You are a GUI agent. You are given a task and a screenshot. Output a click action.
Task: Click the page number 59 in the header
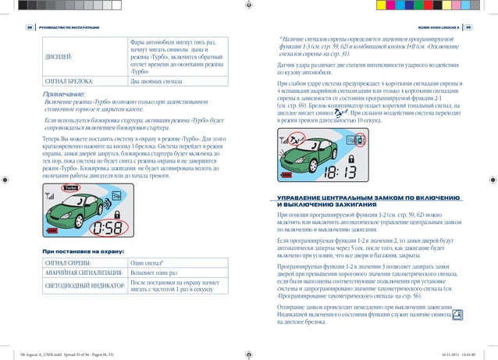click(x=471, y=29)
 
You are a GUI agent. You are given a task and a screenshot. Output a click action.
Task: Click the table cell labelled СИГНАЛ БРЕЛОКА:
click(x=70, y=80)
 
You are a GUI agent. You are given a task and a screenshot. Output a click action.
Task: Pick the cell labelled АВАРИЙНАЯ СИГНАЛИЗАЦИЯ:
click(x=82, y=275)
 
